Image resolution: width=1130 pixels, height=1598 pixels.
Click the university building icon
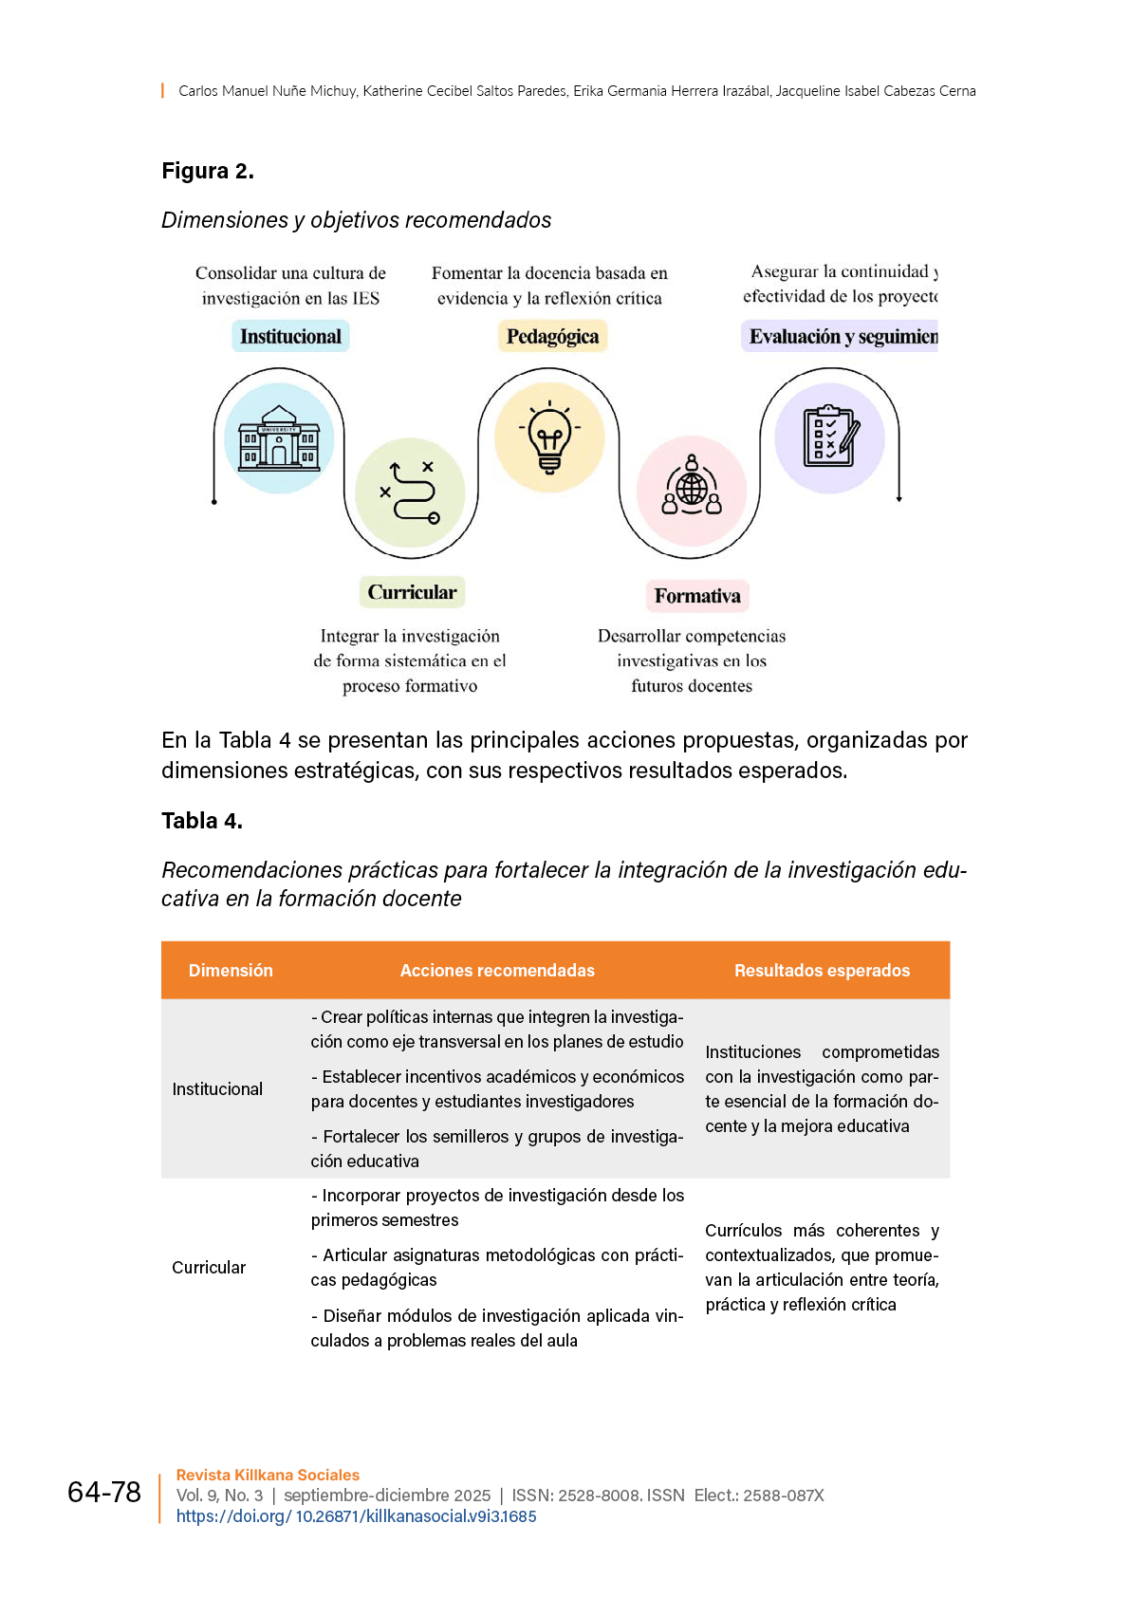[278, 437]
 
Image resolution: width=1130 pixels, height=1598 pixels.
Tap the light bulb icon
[549, 437]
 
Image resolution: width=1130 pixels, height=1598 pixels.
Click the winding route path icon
[410, 492]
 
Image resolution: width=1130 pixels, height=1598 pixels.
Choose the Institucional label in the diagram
[290, 336]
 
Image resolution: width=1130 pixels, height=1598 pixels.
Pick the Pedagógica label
[552, 336]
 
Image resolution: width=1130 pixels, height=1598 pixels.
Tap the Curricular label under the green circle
[412, 592]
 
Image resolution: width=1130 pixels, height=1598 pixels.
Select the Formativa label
[697, 596]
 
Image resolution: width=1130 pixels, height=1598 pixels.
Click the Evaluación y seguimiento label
[841, 336]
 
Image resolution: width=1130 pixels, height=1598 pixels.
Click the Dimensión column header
[231, 970]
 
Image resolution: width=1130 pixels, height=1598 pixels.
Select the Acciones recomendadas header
[497, 970]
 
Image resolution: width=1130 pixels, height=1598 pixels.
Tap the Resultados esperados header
[822, 970]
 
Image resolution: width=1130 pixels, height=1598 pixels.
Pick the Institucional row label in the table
[217, 1088]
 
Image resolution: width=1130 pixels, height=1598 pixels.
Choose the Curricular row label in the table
[209, 1267]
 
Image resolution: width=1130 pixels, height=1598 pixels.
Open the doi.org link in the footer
[356, 1516]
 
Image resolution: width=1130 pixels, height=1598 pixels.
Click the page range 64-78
[104, 1492]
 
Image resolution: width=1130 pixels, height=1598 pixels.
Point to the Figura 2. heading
[208, 171]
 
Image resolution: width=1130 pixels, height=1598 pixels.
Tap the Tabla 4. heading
[202, 821]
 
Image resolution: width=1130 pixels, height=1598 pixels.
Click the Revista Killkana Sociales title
[268, 1475]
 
